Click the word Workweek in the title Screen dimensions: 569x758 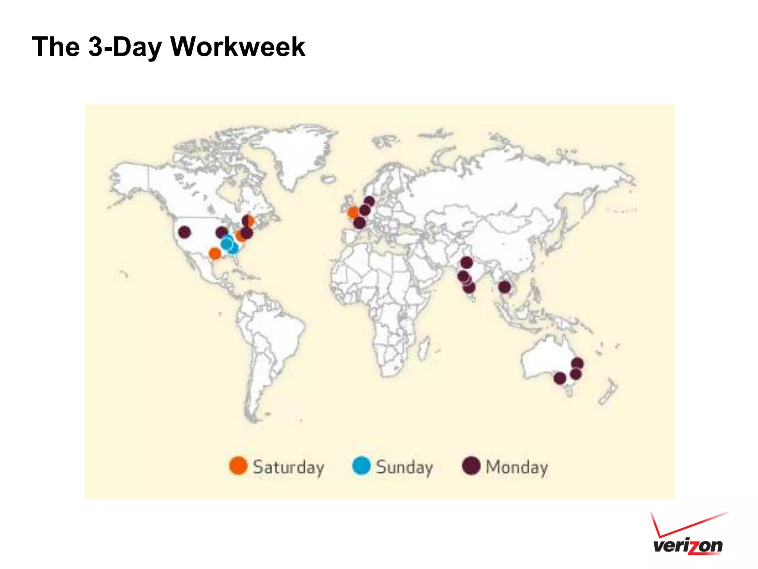coord(238,47)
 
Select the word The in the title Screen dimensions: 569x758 coord(56,47)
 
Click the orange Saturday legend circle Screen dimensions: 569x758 coord(238,466)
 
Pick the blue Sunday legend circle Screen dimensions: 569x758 coord(361,466)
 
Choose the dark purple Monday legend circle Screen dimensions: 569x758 coord(471,466)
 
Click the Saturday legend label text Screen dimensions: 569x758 coord(288,467)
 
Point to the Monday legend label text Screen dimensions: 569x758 coord(516,467)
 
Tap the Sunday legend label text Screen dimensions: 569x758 coord(404,467)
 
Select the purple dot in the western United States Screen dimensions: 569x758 coord(184,232)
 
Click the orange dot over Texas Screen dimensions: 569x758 coord(215,254)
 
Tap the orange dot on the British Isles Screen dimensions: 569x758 coord(353,213)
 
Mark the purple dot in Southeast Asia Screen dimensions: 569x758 coord(504,287)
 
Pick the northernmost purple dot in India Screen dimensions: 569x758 coord(466,263)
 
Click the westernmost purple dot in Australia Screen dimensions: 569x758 coord(560,378)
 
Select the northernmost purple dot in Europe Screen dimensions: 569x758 coord(369,202)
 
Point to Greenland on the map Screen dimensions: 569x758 coord(292,156)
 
